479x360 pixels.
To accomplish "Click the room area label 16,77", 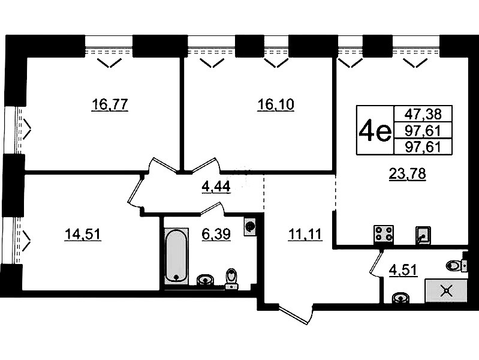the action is pos(110,104).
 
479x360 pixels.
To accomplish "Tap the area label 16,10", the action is pos(276,104).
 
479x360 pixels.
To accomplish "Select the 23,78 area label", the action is pos(407,174).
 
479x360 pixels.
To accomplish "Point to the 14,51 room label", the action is pos(83,235).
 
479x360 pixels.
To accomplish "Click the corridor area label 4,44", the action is pos(216,186).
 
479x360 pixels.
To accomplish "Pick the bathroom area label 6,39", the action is pos(216,235).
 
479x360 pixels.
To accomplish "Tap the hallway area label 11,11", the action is pos(305,235).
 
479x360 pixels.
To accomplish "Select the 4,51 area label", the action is pos(403,270).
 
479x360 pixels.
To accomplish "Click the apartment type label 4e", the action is pos(375,131).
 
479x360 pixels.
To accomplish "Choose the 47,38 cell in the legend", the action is pos(423,114).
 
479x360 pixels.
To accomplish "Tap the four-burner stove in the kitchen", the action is pos(384,235).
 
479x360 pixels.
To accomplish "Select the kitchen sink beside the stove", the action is pos(423,236).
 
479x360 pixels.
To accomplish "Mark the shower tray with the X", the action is pos(446,290).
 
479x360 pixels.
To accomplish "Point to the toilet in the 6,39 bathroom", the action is pos(232,279).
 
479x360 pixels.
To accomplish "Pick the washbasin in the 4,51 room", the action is pos(400,297).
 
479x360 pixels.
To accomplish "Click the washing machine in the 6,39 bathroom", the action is pos(251,227).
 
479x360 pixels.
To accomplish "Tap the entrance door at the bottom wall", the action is pos(295,314).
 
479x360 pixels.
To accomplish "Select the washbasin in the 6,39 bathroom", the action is pos(205,280).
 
